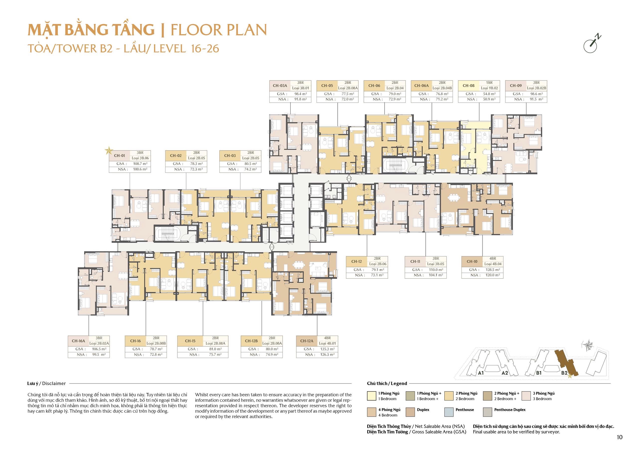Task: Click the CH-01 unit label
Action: [119, 156]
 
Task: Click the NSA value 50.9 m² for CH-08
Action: [489, 99]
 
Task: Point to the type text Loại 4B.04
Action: [493, 264]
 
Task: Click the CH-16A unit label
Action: [78, 341]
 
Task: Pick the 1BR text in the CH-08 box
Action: [489, 83]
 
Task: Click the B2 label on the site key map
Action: [564, 373]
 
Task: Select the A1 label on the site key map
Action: [481, 373]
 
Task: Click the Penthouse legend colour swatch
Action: [449, 412]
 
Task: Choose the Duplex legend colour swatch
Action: [410, 412]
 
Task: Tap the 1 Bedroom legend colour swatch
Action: [372, 396]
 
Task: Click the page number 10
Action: [619, 437]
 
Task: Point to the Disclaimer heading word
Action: [54, 383]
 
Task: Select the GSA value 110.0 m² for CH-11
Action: [436, 270]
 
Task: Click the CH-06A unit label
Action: [421, 85]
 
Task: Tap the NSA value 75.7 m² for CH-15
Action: [215, 355]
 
